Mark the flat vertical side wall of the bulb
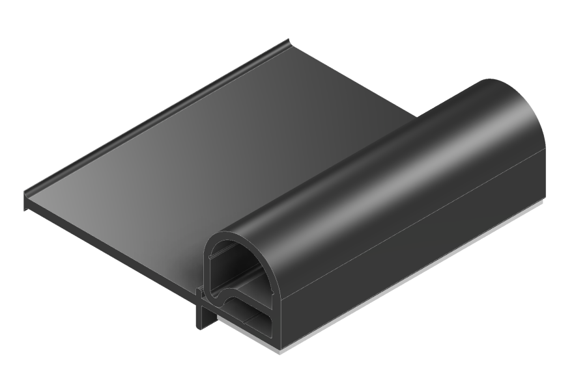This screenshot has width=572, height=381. tap(417, 221)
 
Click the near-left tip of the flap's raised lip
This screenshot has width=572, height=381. tap(26, 192)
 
